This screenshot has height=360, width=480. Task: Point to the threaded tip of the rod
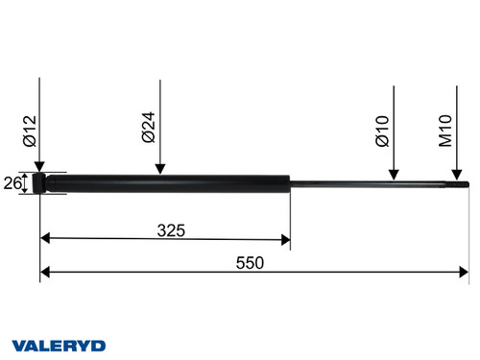tap(462, 184)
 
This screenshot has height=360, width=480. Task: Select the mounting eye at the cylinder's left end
tap(40, 182)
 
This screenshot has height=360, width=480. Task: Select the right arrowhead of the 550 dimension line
tap(464, 273)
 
